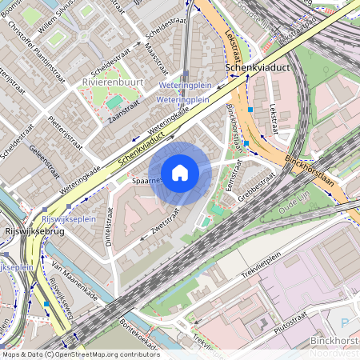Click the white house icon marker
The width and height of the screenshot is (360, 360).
(x=180, y=172)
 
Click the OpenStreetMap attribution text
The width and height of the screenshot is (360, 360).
(x=80, y=354)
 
